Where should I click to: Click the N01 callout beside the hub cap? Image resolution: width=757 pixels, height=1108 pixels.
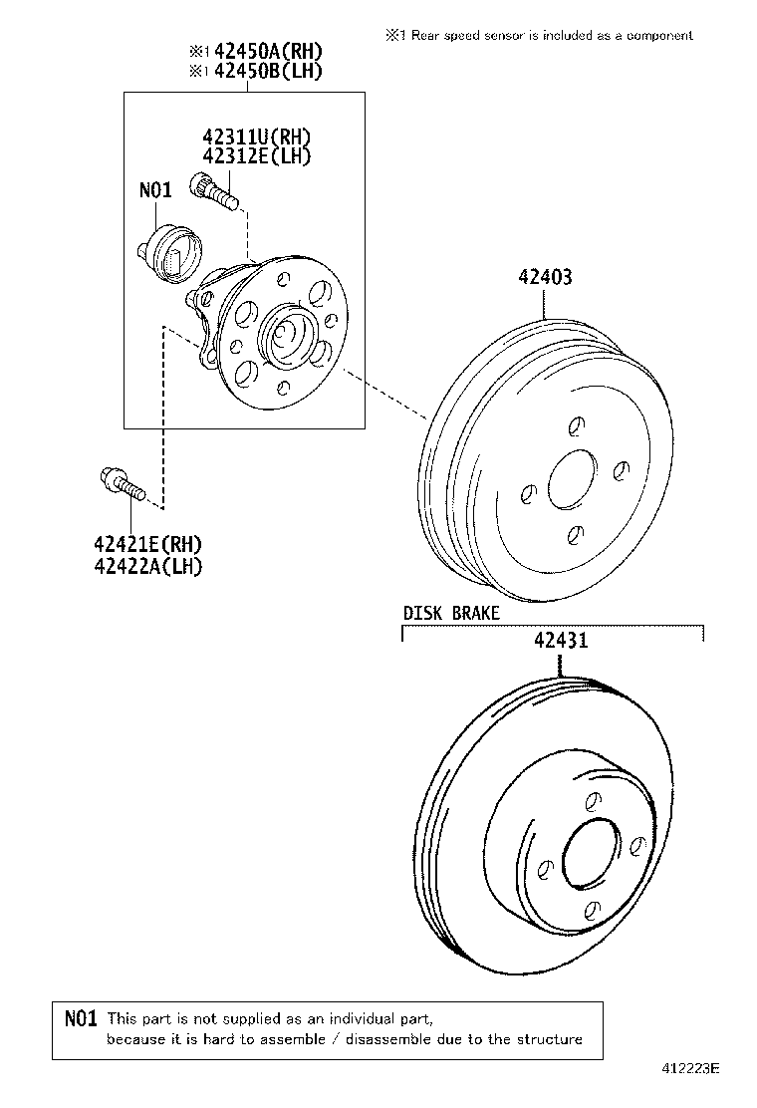(x=155, y=188)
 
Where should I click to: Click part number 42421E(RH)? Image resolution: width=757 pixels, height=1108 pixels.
(x=147, y=544)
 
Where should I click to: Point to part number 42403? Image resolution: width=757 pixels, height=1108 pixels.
(x=544, y=278)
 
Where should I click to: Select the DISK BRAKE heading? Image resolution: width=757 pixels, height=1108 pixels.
(x=451, y=613)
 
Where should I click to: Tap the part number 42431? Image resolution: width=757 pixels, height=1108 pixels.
(x=560, y=641)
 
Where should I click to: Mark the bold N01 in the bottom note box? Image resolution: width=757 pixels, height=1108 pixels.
(x=80, y=1018)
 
